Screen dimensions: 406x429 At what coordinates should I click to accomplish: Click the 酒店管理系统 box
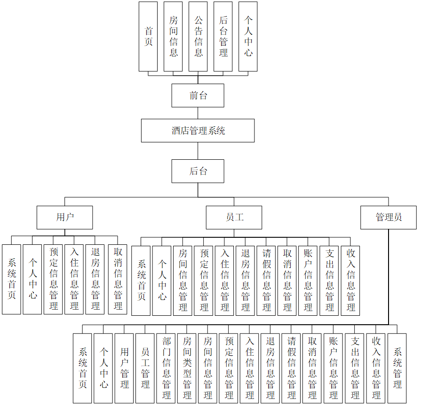tap(198, 131)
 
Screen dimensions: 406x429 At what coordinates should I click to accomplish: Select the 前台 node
tap(198, 95)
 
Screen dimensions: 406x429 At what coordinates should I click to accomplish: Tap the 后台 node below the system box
tap(198, 171)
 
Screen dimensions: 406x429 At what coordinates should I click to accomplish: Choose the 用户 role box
tap(65, 217)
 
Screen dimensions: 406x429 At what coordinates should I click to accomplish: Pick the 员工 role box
tap(234, 217)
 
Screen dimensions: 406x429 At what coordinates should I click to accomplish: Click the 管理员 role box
tap(389, 217)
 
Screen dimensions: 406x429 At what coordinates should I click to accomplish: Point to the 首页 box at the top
tap(148, 37)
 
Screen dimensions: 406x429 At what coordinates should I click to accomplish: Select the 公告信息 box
tap(198, 37)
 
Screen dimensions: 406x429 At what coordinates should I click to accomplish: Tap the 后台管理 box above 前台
tap(223, 37)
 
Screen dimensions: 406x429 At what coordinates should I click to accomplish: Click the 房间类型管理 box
tap(187, 368)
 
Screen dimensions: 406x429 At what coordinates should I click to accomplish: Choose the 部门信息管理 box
tap(166, 368)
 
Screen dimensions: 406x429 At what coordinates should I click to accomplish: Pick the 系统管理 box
tap(397, 368)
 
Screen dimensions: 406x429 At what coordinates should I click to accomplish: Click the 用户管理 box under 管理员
tap(124, 368)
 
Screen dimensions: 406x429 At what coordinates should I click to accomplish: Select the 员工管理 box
tap(145, 368)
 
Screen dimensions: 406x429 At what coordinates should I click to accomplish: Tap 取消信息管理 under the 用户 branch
tap(118, 279)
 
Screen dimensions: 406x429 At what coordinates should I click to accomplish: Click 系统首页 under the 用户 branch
tap(11, 279)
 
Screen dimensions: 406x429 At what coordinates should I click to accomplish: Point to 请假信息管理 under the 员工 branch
tap(266, 280)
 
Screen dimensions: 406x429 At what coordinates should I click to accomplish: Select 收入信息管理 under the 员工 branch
tap(350, 280)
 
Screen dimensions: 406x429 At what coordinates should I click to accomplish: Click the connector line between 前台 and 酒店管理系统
tap(198, 113)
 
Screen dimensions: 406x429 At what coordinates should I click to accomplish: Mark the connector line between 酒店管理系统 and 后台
tap(198, 151)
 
